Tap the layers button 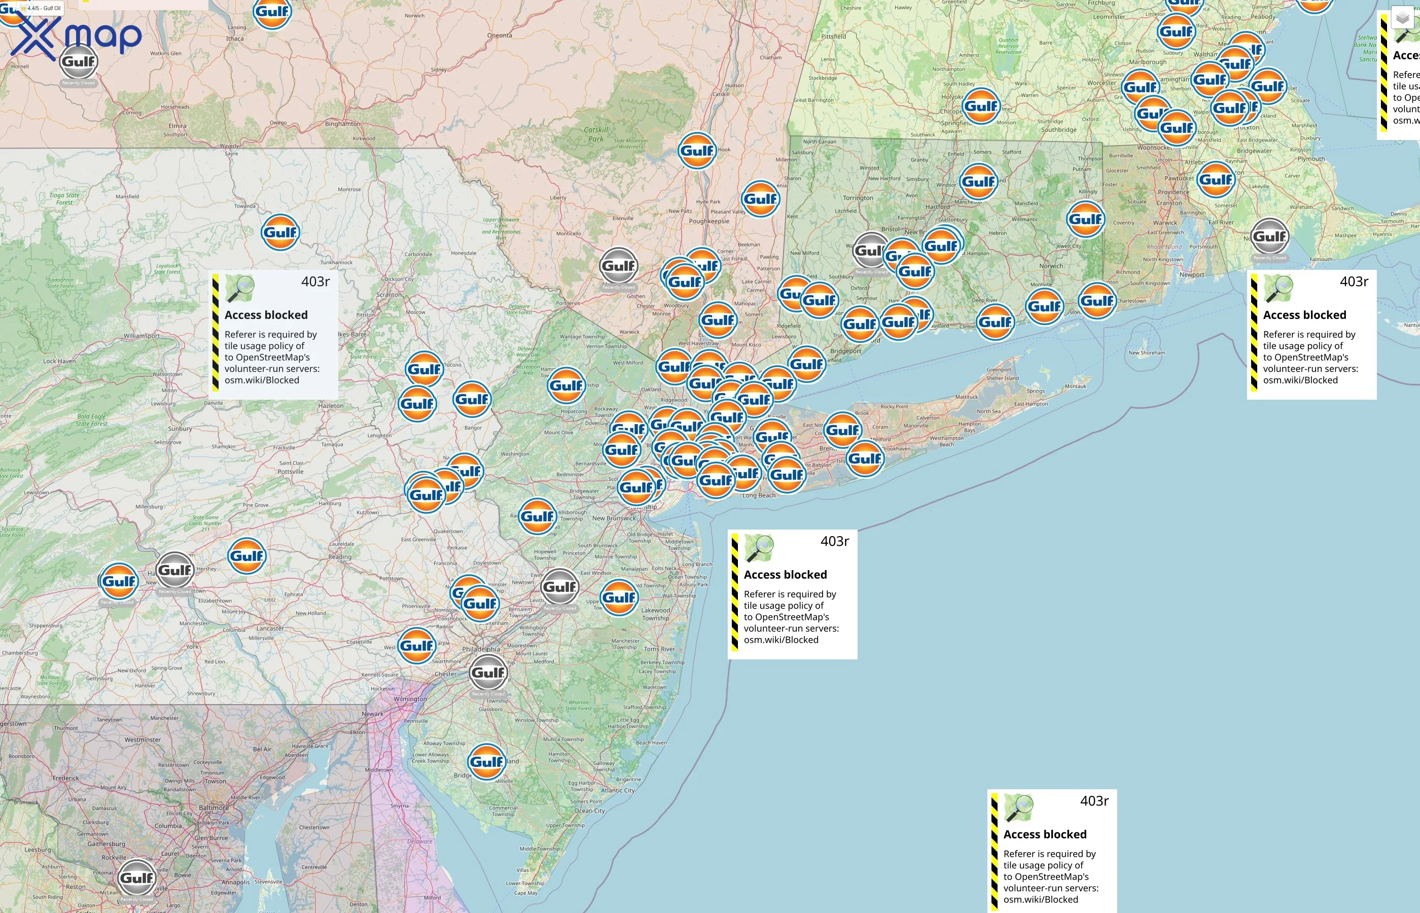tap(1402, 19)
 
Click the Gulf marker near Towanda tap(280, 232)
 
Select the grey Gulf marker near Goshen tap(618, 266)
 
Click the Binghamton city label tap(342, 124)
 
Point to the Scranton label tap(389, 295)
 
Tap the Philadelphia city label tap(481, 649)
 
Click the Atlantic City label tap(618, 790)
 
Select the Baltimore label tap(214, 808)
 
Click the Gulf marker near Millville tap(486, 761)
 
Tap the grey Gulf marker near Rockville tap(137, 877)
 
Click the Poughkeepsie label tap(709, 221)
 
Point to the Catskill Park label tap(595, 134)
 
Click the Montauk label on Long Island tap(1075, 387)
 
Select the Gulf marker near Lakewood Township tap(619, 597)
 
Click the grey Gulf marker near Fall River tap(1269, 236)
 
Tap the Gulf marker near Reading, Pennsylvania tap(246, 555)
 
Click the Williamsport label tap(141, 336)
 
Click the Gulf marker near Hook tap(696, 151)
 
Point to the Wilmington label tap(410, 699)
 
